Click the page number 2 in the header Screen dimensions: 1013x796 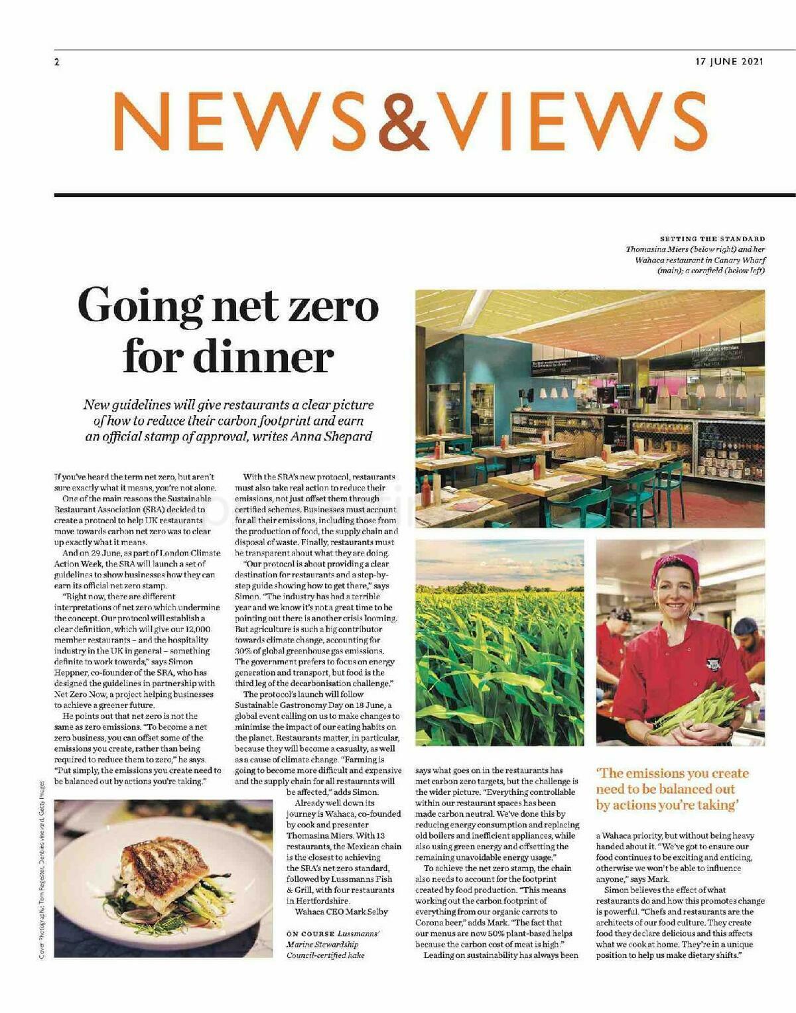[57, 62]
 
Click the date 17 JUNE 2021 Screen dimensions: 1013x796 [730, 62]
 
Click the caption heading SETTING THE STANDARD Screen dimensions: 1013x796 [712, 239]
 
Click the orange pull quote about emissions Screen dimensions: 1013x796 [672, 789]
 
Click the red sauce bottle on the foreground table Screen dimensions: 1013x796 [426, 491]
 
